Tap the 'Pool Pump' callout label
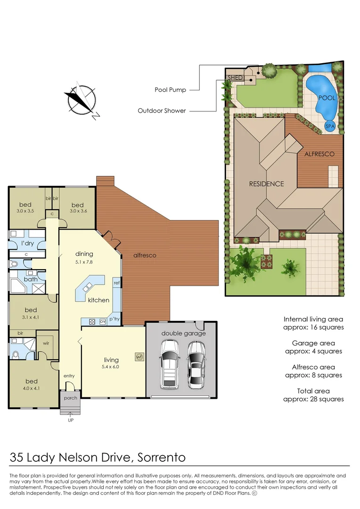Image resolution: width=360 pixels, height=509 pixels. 170,90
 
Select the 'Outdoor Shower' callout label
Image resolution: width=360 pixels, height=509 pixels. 162,111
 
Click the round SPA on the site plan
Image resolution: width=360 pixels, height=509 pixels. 330,126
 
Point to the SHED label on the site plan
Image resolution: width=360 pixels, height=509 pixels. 235,77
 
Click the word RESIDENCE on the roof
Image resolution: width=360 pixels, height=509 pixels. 266,184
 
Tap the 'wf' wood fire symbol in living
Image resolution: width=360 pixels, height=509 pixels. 139,357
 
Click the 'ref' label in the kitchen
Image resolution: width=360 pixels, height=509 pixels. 116,283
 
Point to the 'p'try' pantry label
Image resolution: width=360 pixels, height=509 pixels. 115,319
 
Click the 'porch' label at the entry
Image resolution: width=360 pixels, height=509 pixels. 70,398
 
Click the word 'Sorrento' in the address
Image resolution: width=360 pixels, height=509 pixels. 162,457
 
